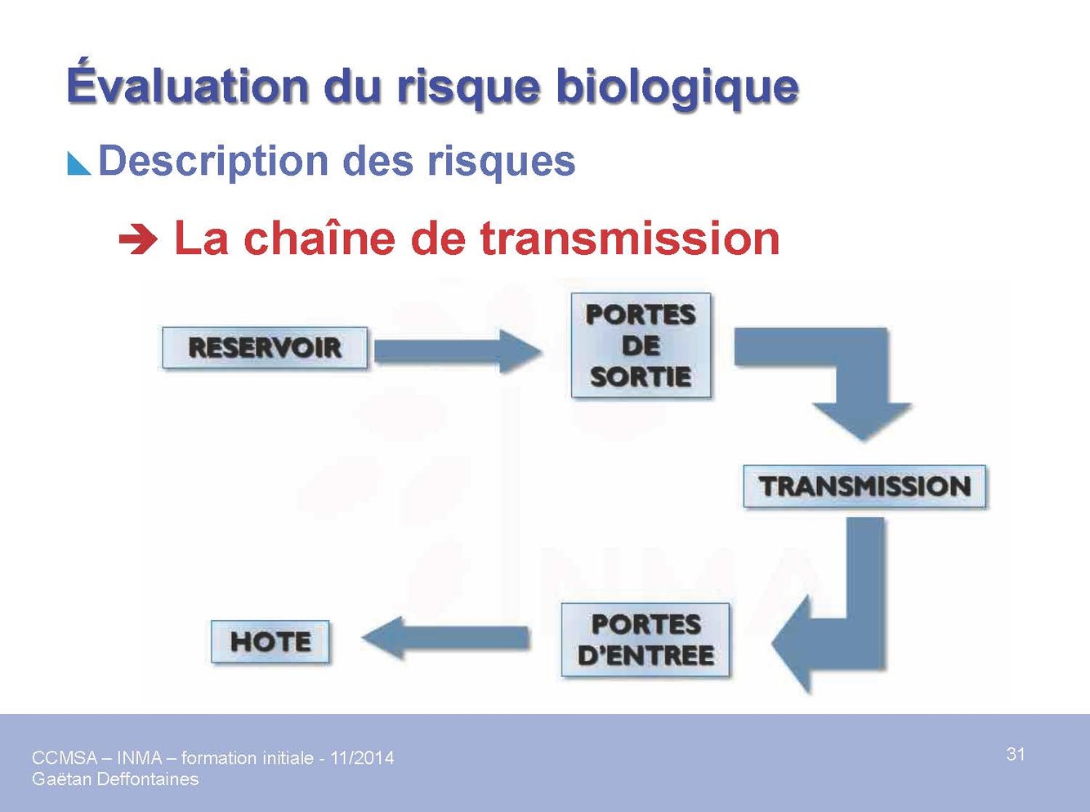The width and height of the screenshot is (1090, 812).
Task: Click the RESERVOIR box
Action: pos(265,348)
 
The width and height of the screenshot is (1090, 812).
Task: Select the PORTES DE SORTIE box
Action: pos(641,346)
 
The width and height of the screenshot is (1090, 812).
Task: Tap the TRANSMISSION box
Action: pos(864,486)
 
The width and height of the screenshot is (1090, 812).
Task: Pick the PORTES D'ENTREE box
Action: pos(646,640)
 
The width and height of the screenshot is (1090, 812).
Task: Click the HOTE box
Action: pos(270,641)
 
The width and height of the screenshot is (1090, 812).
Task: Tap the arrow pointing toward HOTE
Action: pos(445,638)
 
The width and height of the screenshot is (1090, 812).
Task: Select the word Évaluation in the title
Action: pos(187,85)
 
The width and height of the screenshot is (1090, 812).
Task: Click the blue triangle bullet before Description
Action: pos(79,163)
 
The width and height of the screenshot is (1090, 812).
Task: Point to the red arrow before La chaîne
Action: pos(138,240)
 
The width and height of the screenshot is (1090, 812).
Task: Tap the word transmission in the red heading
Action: pos(629,239)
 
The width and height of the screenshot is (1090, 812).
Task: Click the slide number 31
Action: pos(1016,754)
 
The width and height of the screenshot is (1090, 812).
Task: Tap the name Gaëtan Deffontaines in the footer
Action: pos(115,779)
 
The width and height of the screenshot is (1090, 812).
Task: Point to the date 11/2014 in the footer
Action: pos(362,758)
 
